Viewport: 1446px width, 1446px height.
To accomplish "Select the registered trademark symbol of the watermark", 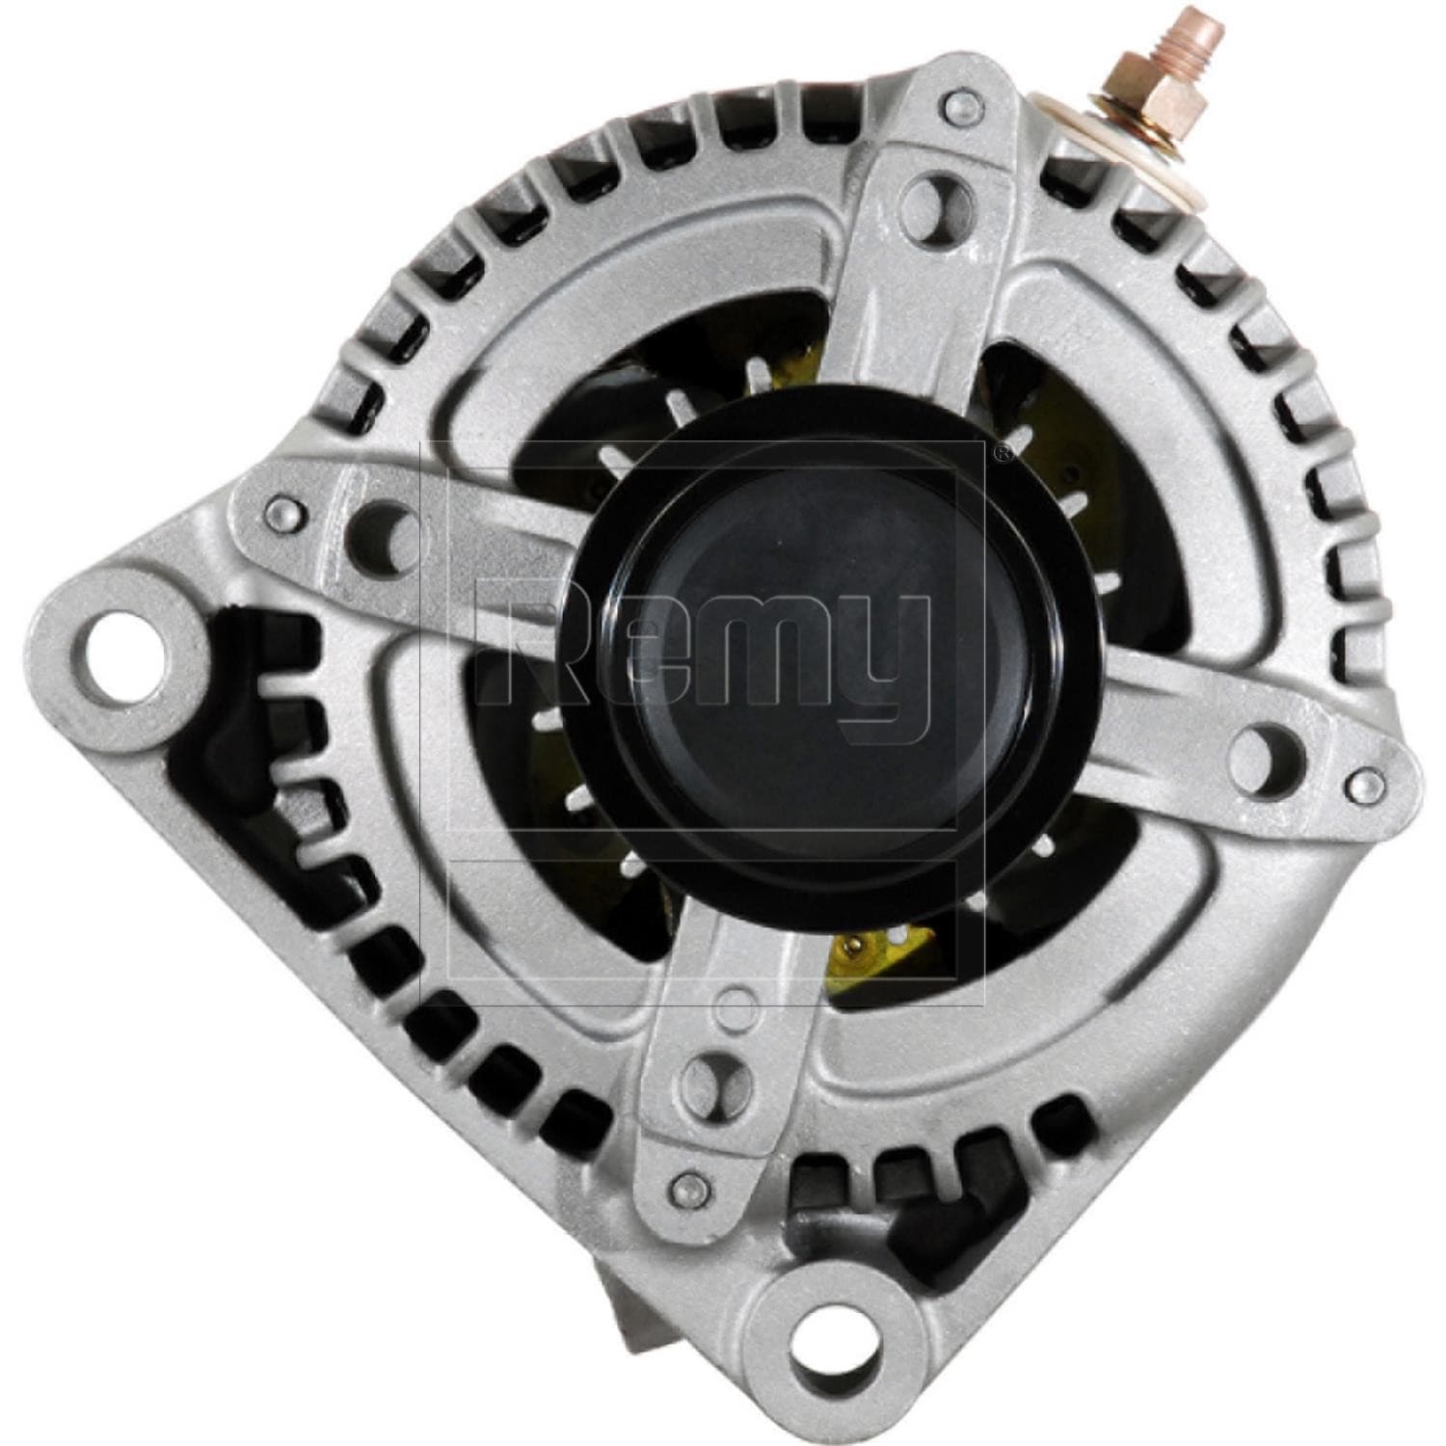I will [1004, 451].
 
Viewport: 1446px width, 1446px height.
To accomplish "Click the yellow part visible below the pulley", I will [868, 950].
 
